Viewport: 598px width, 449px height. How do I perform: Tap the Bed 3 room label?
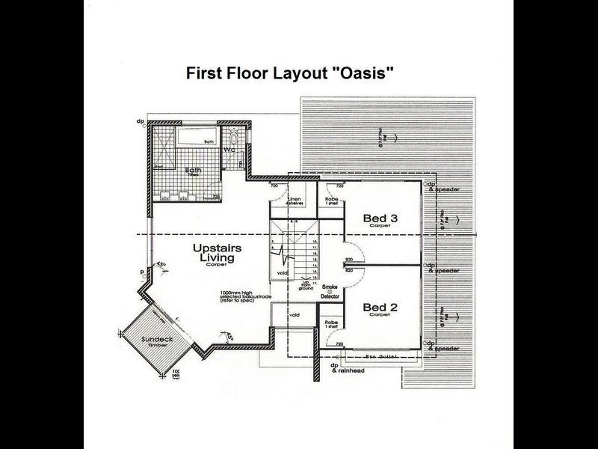(x=380, y=219)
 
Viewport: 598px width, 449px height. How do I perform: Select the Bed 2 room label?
(x=380, y=308)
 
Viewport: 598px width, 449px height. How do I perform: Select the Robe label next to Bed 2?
(x=330, y=324)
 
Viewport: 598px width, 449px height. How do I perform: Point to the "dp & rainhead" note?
(x=346, y=368)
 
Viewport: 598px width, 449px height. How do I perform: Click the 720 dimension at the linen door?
(x=274, y=185)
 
